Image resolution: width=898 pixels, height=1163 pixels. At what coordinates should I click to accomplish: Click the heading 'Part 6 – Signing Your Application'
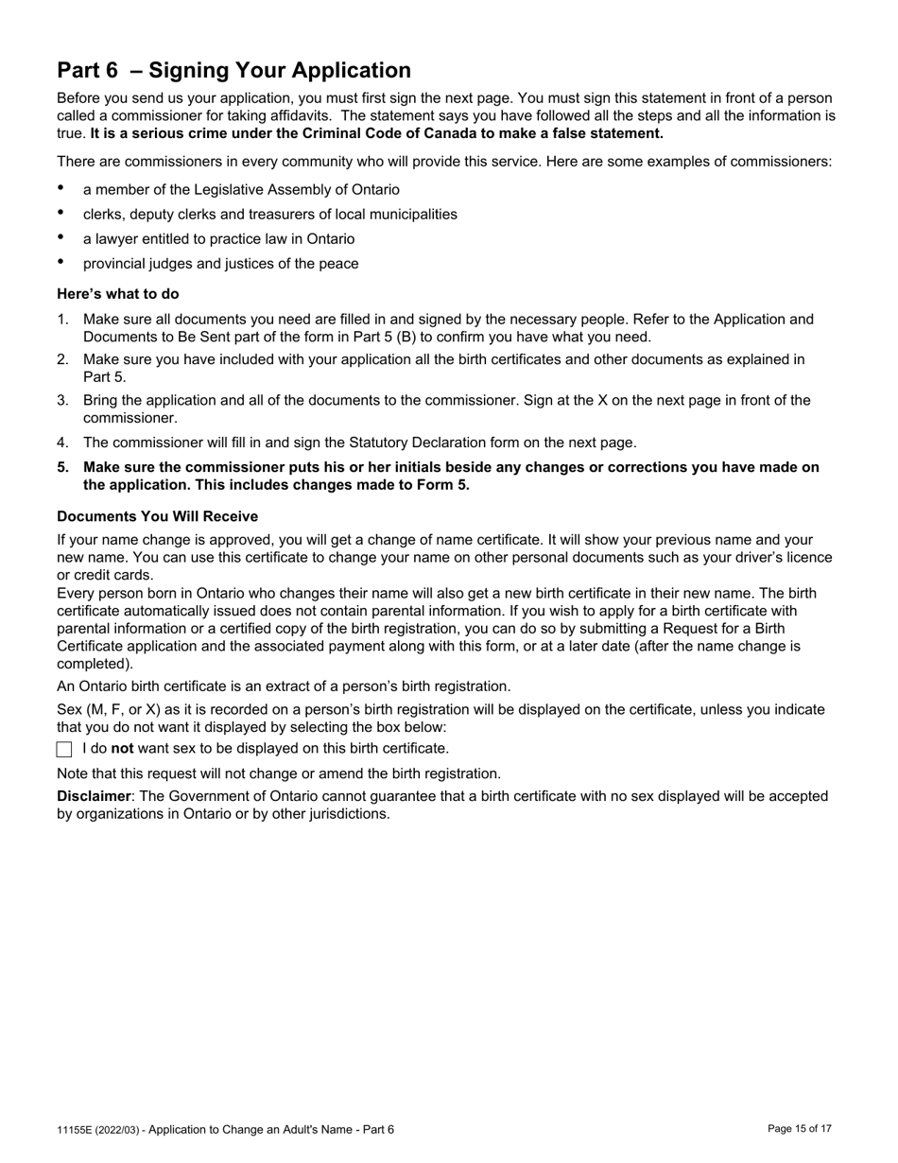(233, 71)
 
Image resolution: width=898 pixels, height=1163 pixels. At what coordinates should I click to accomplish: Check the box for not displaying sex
(64, 749)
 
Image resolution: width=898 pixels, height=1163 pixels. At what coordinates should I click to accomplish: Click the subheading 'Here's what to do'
(117, 294)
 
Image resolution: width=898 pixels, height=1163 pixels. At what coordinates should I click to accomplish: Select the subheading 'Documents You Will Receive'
(157, 516)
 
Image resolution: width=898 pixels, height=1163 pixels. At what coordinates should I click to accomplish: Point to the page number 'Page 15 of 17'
(800, 1129)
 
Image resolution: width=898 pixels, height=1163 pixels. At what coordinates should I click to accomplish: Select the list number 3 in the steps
(62, 401)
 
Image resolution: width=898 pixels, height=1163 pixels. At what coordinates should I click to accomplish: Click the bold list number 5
(62, 467)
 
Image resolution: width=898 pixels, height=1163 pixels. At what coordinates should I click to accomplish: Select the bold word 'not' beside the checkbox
(122, 749)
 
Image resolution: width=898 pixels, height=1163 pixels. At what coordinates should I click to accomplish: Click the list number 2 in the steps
(62, 359)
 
